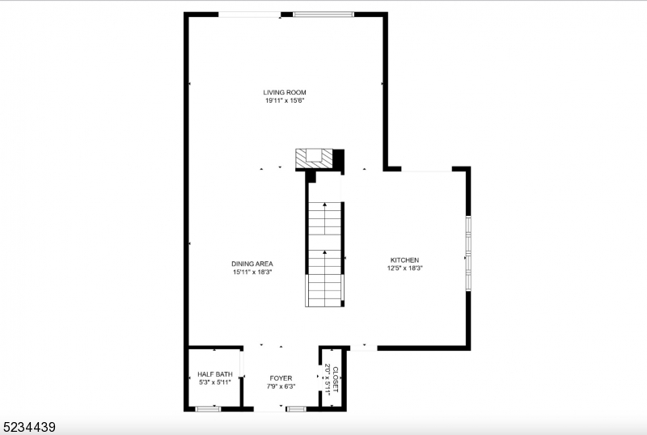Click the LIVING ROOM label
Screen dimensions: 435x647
[x=284, y=92]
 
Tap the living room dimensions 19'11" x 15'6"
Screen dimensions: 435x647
[x=284, y=101]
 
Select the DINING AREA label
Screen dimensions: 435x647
[x=252, y=264]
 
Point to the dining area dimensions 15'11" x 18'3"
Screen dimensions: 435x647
[x=252, y=272]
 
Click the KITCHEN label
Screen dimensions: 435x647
[x=404, y=260]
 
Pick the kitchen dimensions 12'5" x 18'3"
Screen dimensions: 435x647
[x=404, y=268]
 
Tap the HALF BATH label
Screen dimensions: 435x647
[x=214, y=374]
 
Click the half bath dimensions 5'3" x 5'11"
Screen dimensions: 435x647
[x=214, y=382]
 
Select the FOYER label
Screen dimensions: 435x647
[x=281, y=378]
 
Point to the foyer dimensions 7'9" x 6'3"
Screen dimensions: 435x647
[x=281, y=386]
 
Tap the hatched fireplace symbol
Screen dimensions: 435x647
[x=313, y=158]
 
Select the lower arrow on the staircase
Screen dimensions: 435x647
[x=325, y=253]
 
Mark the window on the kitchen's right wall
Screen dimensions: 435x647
[x=467, y=252]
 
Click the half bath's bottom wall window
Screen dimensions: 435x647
[x=209, y=409]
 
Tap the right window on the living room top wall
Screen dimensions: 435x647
[x=323, y=14]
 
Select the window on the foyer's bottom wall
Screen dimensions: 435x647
[x=296, y=409]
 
